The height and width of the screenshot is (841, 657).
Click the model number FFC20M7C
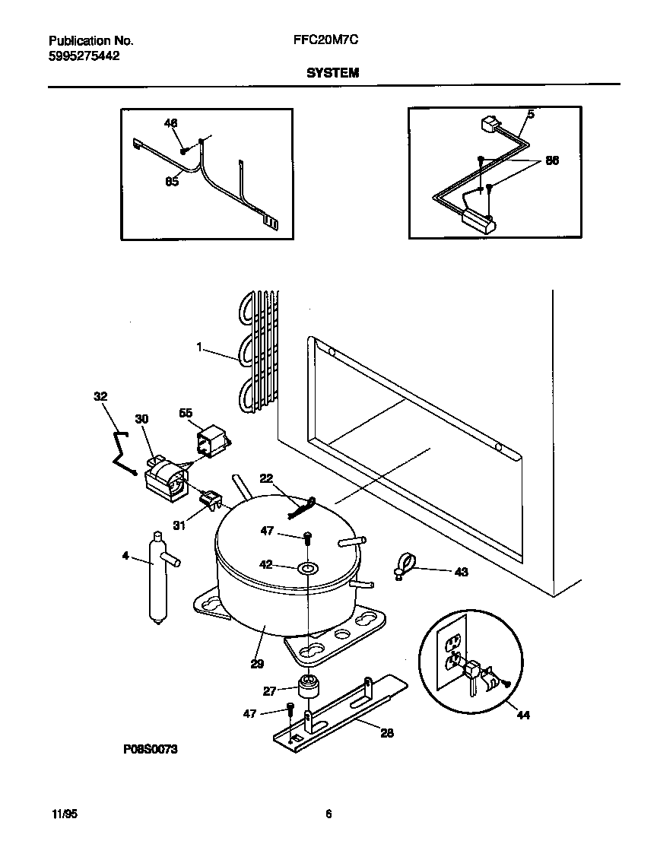point(325,42)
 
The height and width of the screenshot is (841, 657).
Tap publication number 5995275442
point(84,56)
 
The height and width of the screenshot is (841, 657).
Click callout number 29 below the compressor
point(257,664)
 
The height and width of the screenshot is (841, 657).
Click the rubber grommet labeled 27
point(307,685)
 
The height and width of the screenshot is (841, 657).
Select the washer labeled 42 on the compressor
point(309,568)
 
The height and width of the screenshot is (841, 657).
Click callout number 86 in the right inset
point(552,161)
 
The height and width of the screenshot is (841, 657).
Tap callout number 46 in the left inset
point(170,122)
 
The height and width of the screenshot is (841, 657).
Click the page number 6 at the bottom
point(328,814)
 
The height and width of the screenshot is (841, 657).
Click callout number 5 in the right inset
point(530,115)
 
